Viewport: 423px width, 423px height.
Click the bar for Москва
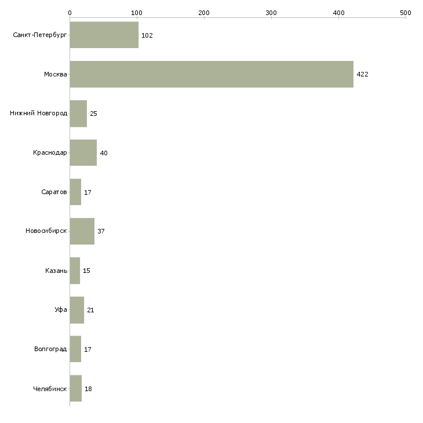pos(211,74)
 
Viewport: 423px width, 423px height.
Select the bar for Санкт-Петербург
pos(104,35)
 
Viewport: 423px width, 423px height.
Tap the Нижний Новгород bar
pos(78,114)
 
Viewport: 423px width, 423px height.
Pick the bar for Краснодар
pos(83,153)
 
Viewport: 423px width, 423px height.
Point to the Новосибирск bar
pos(82,231)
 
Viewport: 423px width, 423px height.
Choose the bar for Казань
pos(75,271)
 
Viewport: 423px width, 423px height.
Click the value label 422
pos(363,75)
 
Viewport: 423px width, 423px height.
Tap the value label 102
pos(147,36)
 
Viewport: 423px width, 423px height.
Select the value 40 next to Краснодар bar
pos(104,154)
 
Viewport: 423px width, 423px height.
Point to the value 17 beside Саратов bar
pos(88,192)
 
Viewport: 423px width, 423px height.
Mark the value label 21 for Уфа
pos(90,310)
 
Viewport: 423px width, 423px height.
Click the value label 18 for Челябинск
pos(88,389)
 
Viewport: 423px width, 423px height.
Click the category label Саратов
pos(54,192)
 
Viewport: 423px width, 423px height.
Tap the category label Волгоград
pos(50,349)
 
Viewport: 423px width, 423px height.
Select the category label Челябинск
pos(50,389)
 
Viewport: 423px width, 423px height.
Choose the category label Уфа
pos(60,310)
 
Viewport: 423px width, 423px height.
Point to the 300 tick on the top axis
pos(271,12)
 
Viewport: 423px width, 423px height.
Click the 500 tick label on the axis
pos(406,12)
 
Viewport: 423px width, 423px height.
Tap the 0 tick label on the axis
pos(70,12)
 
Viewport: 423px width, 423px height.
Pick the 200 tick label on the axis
pos(204,12)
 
